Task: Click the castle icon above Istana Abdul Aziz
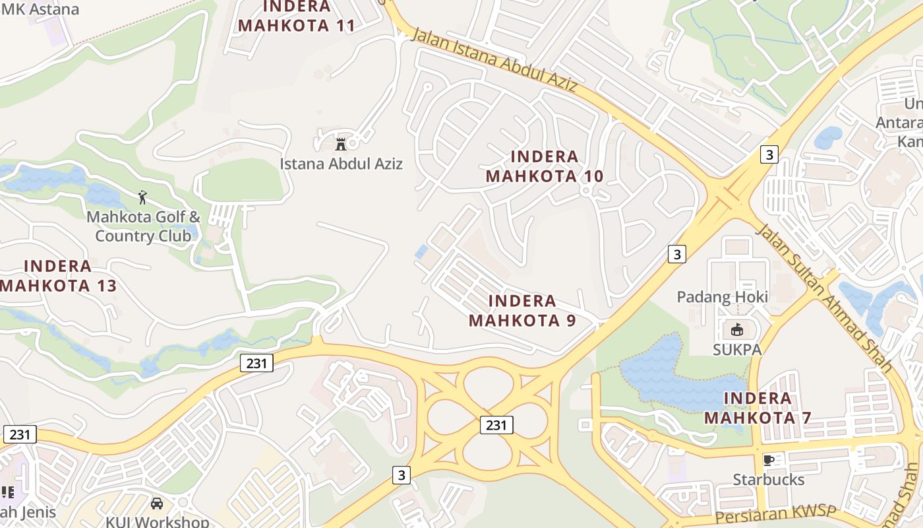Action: (341, 143)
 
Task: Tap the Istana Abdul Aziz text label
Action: (341, 164)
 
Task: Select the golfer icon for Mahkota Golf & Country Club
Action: (142, 197)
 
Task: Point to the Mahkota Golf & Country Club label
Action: (144, 226)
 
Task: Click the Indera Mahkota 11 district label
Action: (297, 16)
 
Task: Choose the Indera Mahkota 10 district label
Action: (545, 166)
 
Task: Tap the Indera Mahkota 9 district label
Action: (522, 311)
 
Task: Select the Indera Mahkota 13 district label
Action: (58, 276)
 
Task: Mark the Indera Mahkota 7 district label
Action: (758, 408)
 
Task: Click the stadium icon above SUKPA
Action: (737, 329)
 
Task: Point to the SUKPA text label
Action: (737, 350)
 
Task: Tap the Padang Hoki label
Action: (722, 297)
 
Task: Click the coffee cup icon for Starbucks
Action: (768, 459)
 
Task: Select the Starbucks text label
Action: (769, 480)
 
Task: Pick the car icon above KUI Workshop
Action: (157, 504)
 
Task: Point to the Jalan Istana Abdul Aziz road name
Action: (494, 60)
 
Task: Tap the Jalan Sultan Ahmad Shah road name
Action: (823, 297)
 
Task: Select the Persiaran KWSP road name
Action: (775, 515)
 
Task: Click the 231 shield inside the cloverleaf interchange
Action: (496, 425)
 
